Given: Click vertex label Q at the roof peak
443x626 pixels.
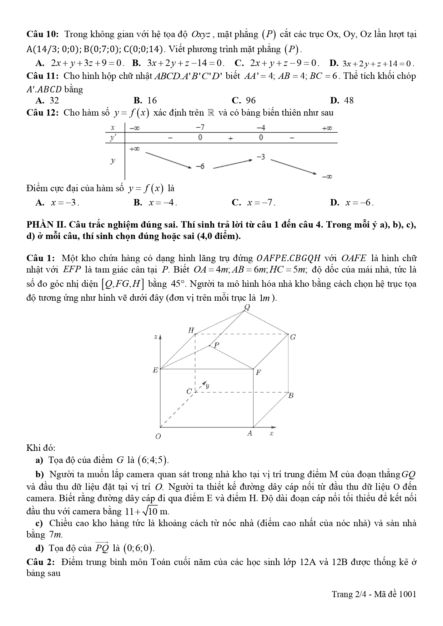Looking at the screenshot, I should point(247,307).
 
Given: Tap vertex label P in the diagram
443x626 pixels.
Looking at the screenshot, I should point(216,345).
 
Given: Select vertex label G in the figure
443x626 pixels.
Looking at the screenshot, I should point(293,337).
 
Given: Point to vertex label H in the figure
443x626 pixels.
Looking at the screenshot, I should point(191,330).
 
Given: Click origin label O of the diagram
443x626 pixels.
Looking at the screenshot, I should point(158,436).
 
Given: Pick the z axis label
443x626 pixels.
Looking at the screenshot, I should point(155,337).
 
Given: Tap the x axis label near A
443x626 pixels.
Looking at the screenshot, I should point(271,433).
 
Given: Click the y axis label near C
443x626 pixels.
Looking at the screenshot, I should point(207,386).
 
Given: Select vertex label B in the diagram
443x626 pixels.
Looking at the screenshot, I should point(291,396).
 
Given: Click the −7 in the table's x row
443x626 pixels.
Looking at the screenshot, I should point(200,127).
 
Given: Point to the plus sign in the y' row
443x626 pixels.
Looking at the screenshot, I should point(231,138).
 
